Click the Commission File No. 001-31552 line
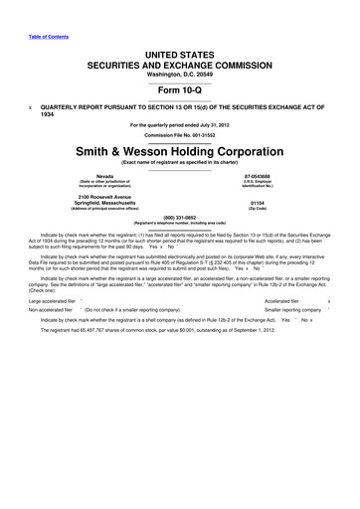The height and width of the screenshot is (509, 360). coord(179,134)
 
